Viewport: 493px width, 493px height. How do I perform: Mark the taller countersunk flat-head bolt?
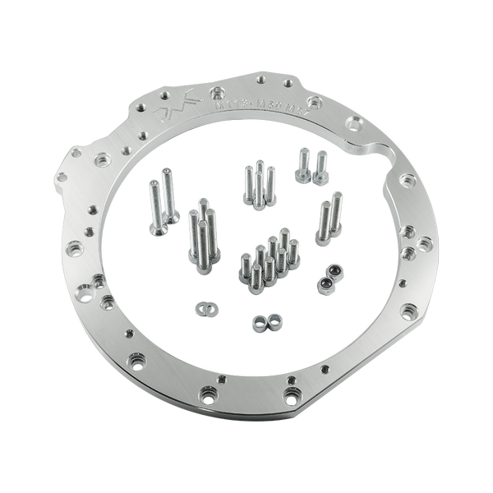pos(168,197)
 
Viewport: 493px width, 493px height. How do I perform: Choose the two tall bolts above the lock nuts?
pos(330,215)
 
